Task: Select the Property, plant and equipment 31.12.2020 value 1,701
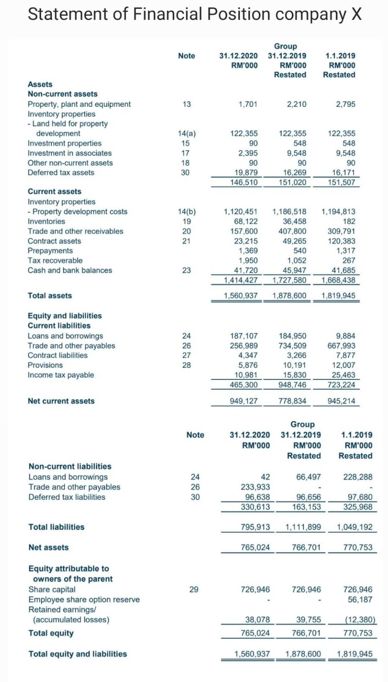pyautogui.click(x=248, y=104)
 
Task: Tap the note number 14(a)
pyautogui.click(x=186, y=133)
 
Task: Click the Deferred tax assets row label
pyautogui.click(x=61, y=172)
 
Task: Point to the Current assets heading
pyautogui.click(x=54, y=191)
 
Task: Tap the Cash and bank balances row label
pyautogui.click(x=70, y=270)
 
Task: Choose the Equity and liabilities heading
pyautogui.click(x=65, y=315)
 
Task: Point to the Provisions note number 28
pyautogui.click(x=186, y=365)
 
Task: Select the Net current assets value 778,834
pyautogui.click(x=292, y=401)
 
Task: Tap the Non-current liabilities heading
pyautogui.click(x=70, y=466)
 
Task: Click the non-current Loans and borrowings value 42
pyautogui.click(x=265, y=477)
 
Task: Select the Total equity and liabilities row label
pyautogui.click(x=77, y=654)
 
